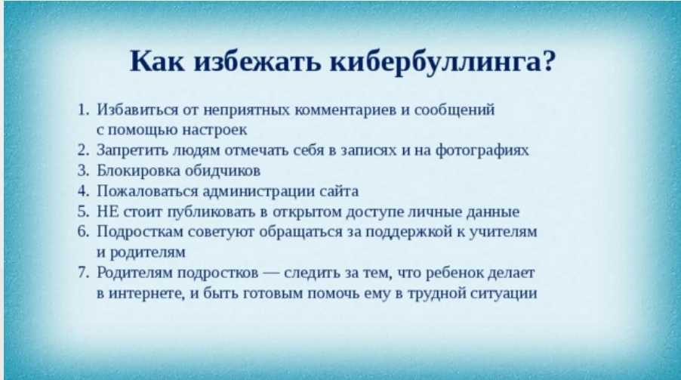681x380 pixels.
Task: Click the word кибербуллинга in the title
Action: pyautogui.click(x=436, y=62)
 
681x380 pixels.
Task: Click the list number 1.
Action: pyautogui.click(x=82, y=110)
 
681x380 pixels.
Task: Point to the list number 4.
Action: pyautogui.click(x=83, y=191)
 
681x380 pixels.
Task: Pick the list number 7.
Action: pyautogui.click(x=83, y=273)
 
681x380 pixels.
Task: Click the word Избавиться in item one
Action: pyautogui.click(x=137, y=110)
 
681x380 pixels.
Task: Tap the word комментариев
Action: pyautogui.click(x=346, y=110)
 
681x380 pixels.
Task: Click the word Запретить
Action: pyautogui.click(x=132, y=150)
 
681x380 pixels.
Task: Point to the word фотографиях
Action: pyautogui.click(x=482, y=150)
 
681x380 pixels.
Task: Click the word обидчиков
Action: pyautogui.click(x=223, y=171)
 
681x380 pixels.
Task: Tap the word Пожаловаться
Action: pyautogui.click(x=147, y=191)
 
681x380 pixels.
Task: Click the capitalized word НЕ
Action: pyautogui.click(x=108, y=212)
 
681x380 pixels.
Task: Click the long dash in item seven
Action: pyautogui.click(x=272, y=273)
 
